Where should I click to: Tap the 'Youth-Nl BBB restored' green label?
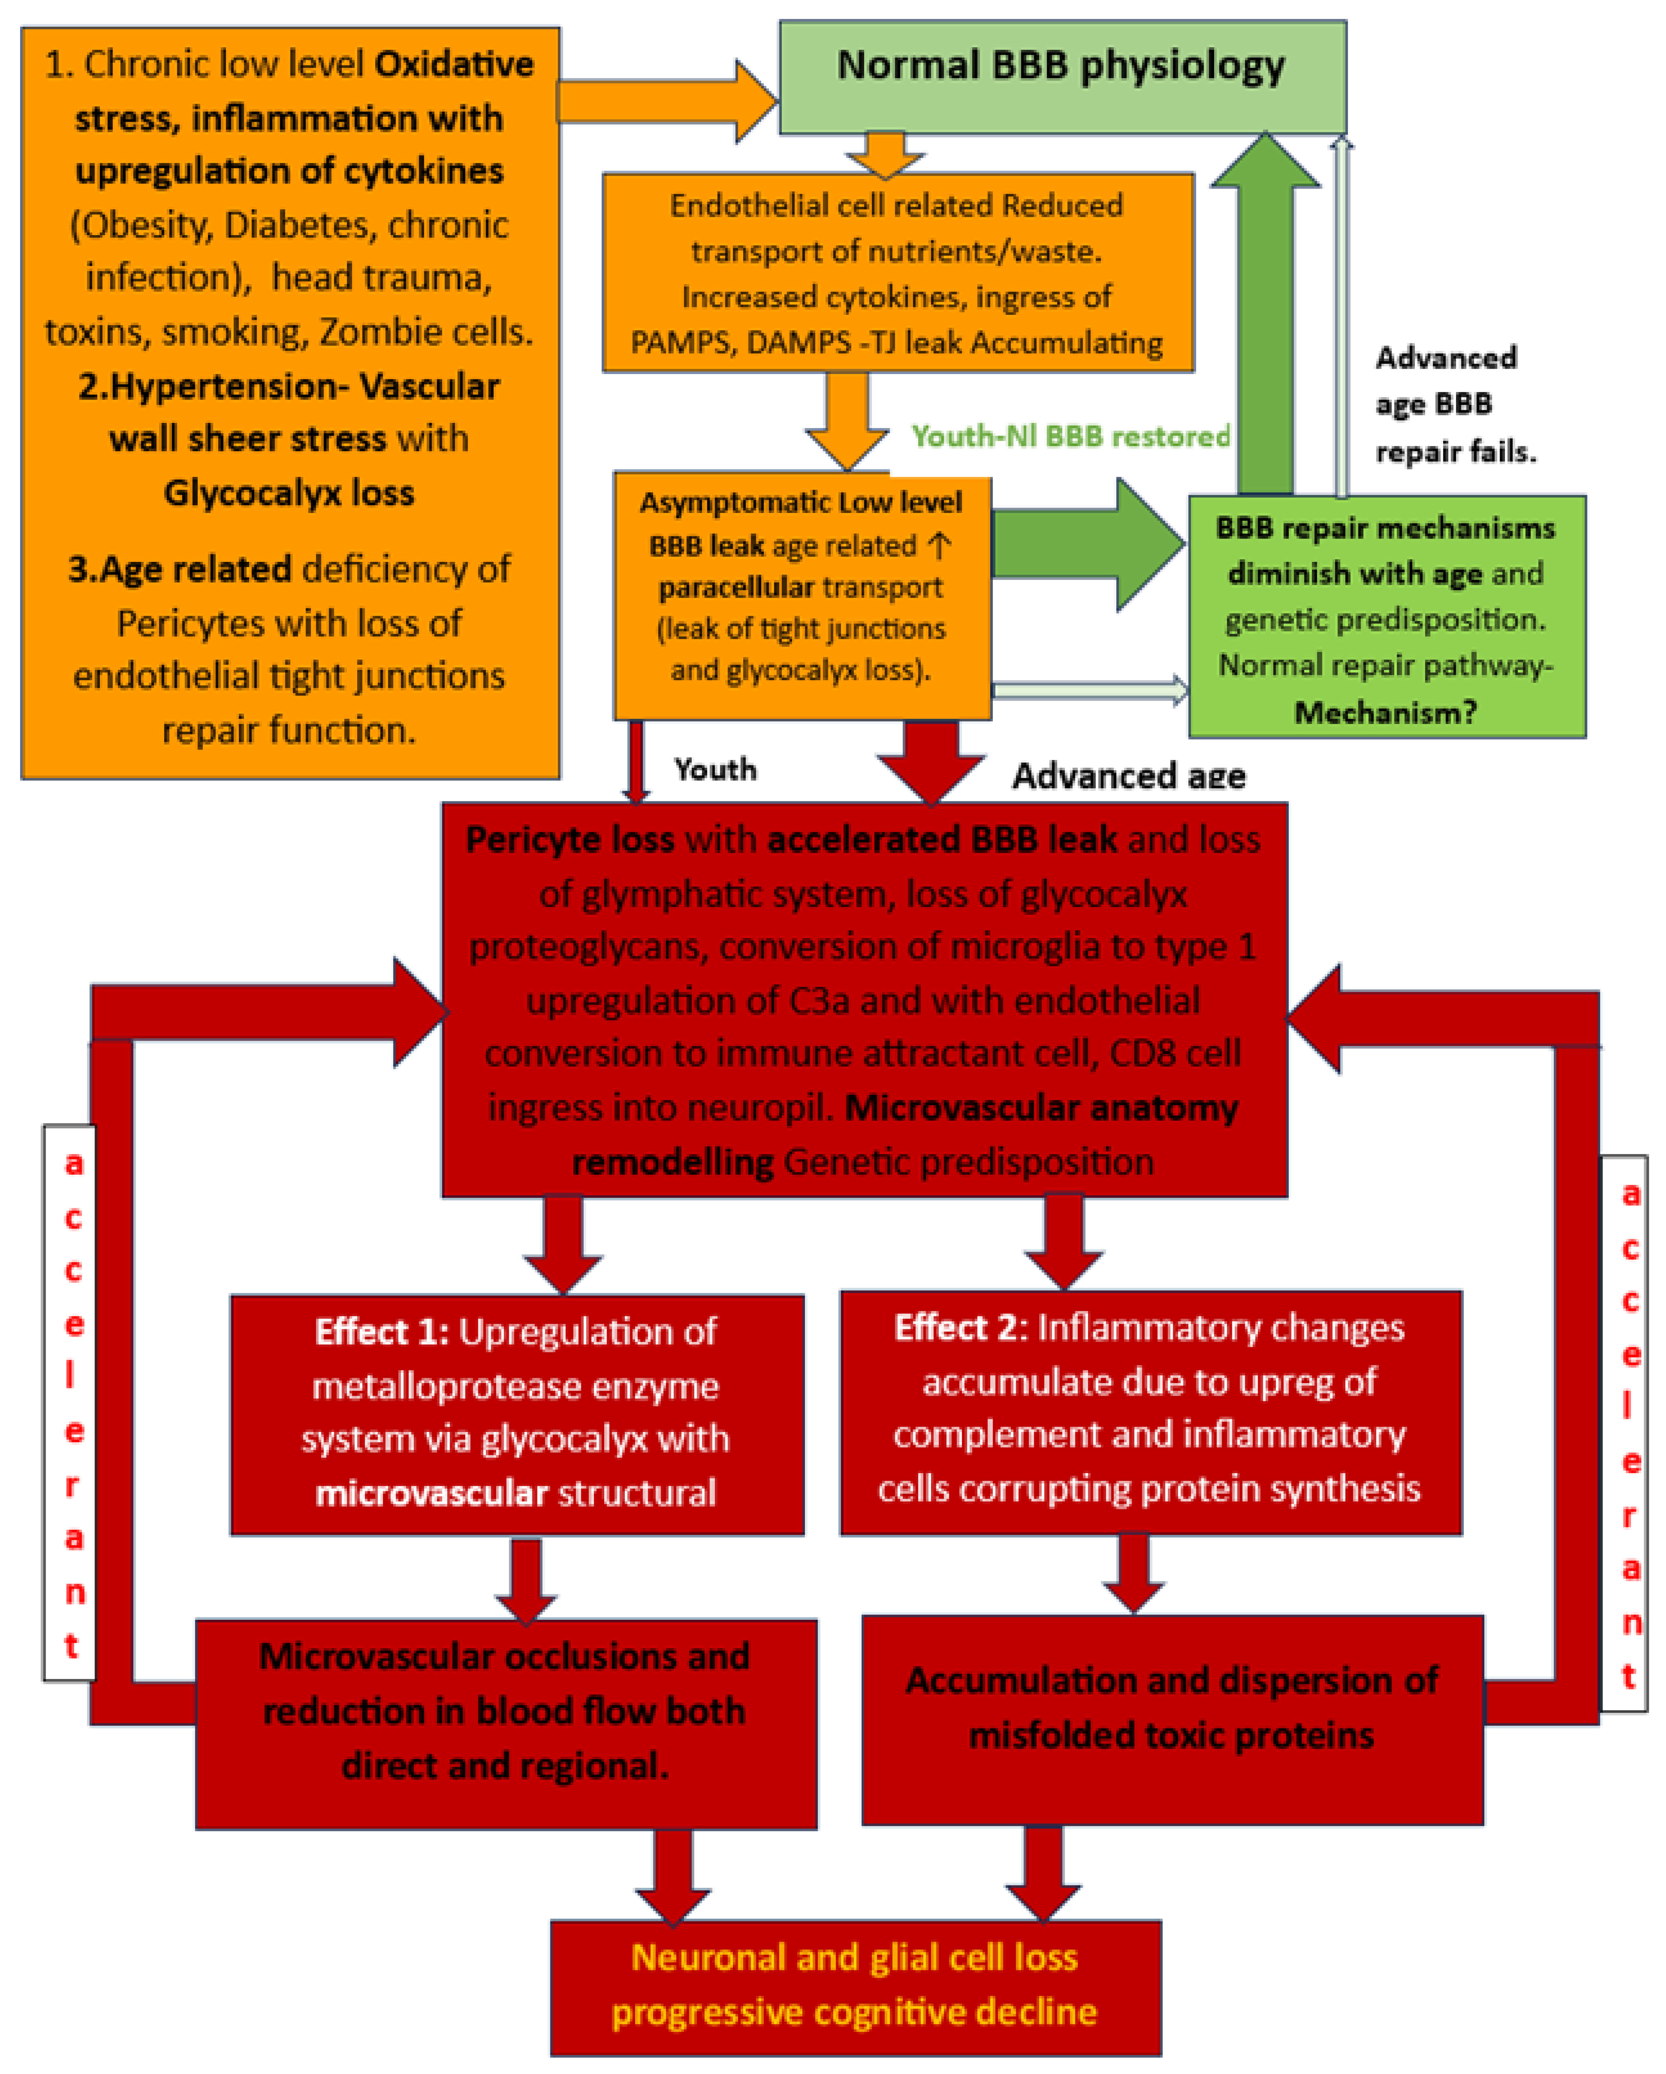coord(1070,437)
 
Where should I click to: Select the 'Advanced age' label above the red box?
coord(1128,775)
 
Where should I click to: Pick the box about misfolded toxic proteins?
coord(1172,1720)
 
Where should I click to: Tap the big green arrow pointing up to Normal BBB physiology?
coord(1265,317)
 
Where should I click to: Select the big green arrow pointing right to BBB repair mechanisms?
coord(1087,545)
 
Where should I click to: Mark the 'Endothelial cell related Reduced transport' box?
coord(897,273)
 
